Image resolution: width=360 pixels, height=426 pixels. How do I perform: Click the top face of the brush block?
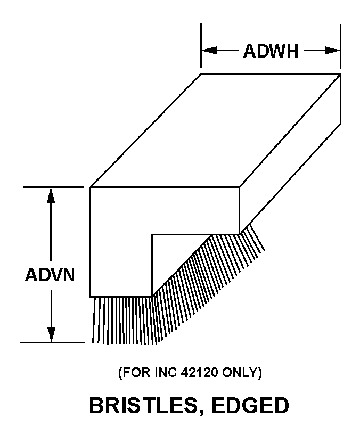[213, 130]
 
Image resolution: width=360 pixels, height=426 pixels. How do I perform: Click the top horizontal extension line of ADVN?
[53, 187]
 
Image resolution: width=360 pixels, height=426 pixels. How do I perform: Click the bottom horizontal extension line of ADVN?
[53, 342]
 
